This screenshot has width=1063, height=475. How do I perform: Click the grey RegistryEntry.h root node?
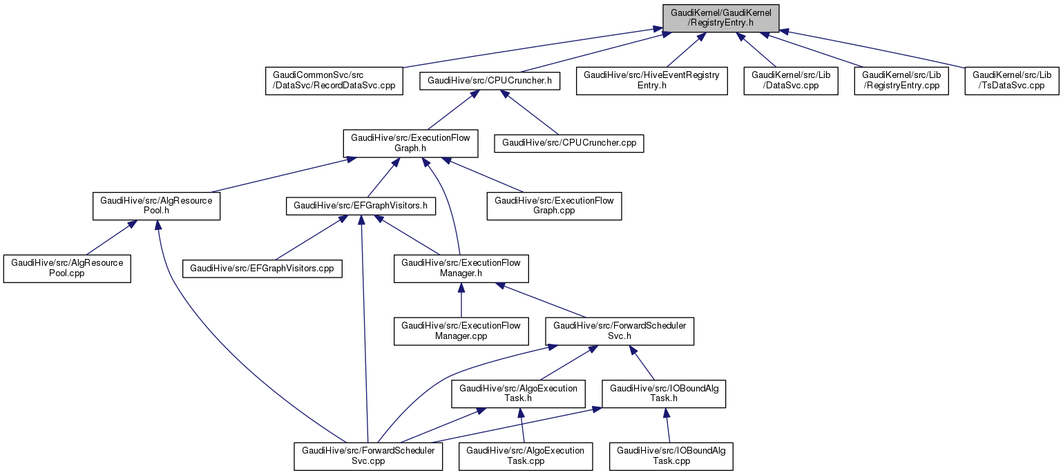tap(720, 18)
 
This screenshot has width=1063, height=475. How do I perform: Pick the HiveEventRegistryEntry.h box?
tap(651, 81)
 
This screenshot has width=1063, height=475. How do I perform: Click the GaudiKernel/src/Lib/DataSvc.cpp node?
tap(790, 81)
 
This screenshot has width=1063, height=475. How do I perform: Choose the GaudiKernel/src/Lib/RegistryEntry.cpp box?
tap(901, 81)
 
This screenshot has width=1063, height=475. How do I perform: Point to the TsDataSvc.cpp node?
tap(1012, 81)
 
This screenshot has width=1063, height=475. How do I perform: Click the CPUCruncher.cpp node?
tap(568, 144)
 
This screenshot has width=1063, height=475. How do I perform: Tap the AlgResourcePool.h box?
tap(156, 206)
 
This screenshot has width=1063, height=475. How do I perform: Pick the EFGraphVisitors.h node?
tap(361, 206)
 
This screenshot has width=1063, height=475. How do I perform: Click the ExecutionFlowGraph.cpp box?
tap(554, 206)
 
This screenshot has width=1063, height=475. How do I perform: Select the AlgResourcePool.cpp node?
tap(66, 269)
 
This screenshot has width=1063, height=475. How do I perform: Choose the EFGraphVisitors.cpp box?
tap(262, 269)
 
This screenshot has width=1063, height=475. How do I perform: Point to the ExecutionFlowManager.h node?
tap(461, 269)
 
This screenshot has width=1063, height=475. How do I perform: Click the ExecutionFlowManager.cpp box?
tap(461, 331)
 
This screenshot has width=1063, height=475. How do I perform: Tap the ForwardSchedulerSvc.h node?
tap(619, 331)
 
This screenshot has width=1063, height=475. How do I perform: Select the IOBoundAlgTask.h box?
tap(663, 394)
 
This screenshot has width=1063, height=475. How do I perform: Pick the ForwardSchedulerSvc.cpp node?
tap(367, 456)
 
